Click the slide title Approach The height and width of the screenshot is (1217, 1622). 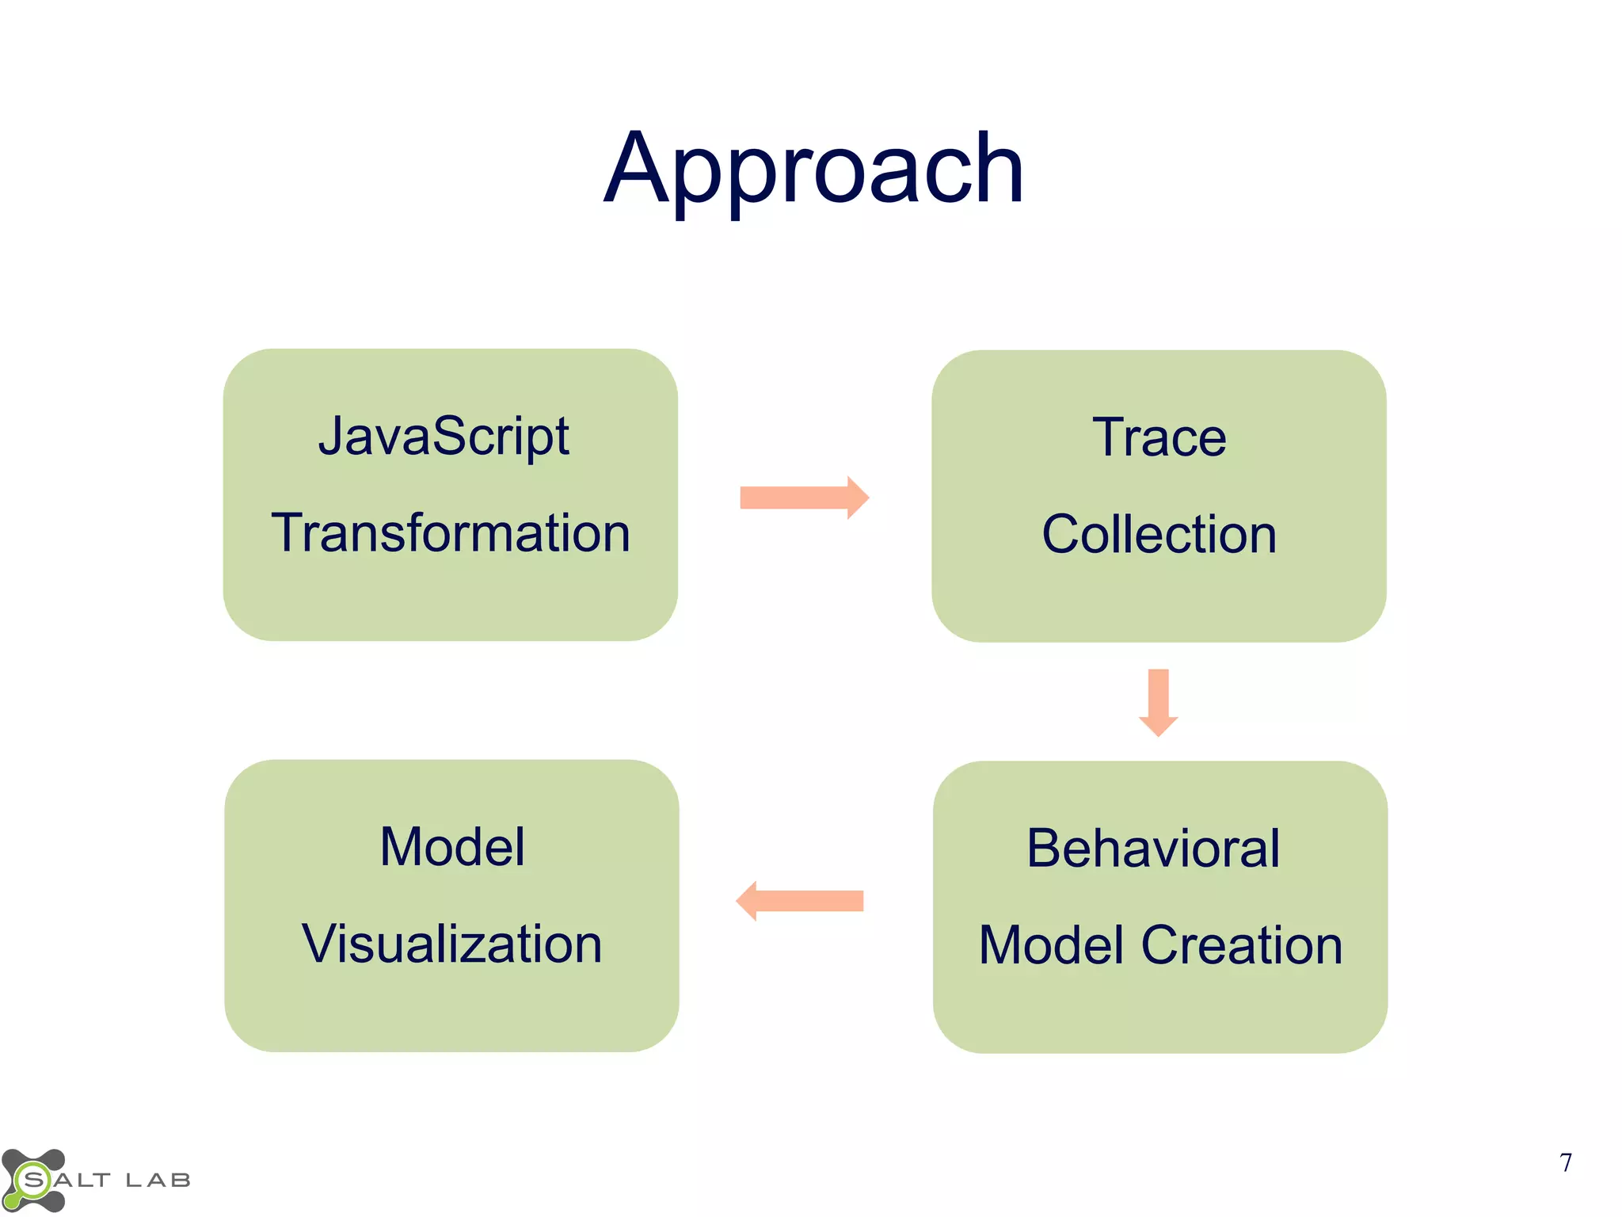813,169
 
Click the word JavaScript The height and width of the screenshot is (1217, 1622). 444,437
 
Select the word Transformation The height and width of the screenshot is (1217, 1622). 451,532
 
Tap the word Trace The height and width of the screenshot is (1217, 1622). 1159,437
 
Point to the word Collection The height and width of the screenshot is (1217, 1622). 1159,534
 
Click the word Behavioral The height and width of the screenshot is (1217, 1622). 1152,849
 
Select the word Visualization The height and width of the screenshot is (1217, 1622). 451,944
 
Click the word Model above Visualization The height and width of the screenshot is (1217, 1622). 451,847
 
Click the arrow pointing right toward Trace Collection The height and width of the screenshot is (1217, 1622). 803,498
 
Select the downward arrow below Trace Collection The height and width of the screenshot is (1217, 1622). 1158,702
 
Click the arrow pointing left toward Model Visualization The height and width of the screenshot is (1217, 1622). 800,901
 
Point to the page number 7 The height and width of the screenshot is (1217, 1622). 1565,1162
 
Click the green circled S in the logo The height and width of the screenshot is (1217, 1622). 34,1181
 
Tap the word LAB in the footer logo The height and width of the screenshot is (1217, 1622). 158,1181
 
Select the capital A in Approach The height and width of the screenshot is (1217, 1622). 639,169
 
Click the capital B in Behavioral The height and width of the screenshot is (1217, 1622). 1045,849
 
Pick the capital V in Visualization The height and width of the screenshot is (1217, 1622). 318,944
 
